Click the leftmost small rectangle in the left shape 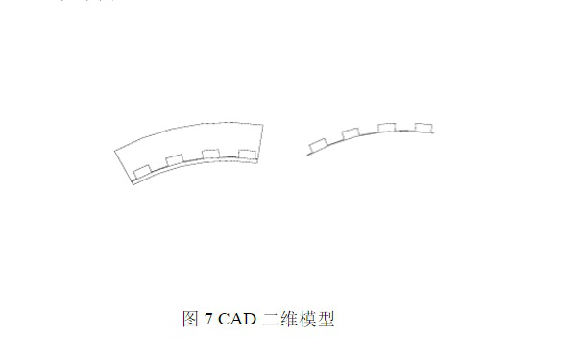[142, 171]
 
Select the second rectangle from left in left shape [176, 160]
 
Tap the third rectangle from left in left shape [211, 155]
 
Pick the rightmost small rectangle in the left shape [247, 154]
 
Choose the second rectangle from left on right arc [352, 133]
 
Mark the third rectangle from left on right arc [387, 128]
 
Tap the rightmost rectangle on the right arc [423, 127]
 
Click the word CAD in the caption [238, 320]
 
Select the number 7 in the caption [208, 320]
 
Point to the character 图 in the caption [190, 320]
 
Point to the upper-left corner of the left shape [115, 148]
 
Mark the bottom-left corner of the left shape [132, 183]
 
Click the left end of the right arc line [307, 154]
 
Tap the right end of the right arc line [434, 132]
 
